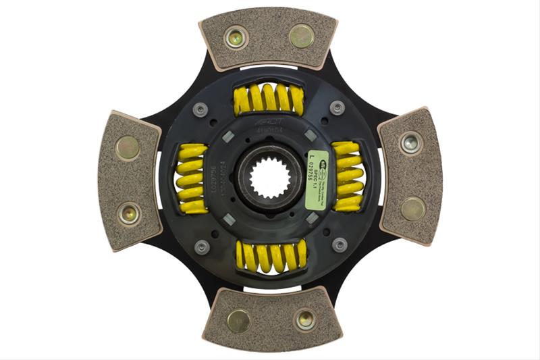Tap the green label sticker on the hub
(x=317, y=180)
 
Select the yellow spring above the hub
(x=269, y=100)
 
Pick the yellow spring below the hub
(x=271, y=256)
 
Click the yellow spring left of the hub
(x=192, y=179)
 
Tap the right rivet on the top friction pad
(x=301, y=34)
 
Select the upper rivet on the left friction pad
(x=127, y=147)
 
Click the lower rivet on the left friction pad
(x=128, y=213)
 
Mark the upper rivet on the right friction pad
(x=411, y=143)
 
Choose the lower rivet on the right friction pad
(x=413, y=209)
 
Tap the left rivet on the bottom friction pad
(x=238, y=321)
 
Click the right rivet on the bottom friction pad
(x=304, y=318)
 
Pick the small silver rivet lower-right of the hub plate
(x=340, y=244)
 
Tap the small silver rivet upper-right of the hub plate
(x=337, y=107)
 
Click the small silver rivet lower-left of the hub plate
(x=202, y=247)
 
